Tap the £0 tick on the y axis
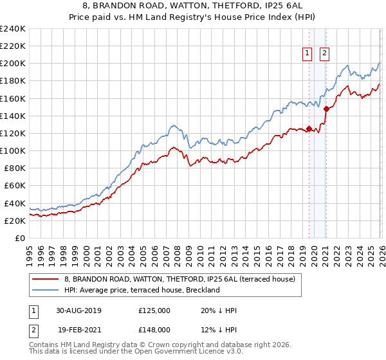[19, 238]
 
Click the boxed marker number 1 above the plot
[308, 53]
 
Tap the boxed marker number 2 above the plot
[324, 53]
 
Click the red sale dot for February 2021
[326, 109]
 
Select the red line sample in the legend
[46, 279]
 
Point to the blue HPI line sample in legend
[46, 290]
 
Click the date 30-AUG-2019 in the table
[78, 310]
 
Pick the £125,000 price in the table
[154, 310]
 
